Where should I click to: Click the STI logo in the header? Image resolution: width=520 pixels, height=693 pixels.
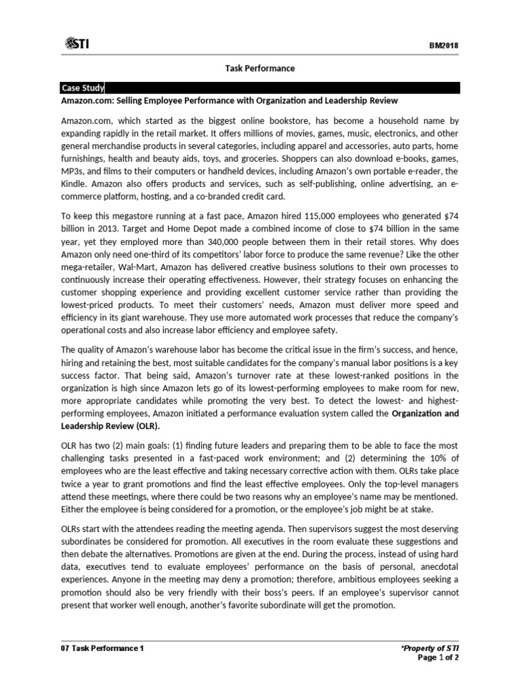pos(78,44)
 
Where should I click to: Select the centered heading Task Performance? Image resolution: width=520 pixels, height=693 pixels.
pos(260,68)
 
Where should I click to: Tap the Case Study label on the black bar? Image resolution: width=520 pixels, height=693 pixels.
pos(82,88)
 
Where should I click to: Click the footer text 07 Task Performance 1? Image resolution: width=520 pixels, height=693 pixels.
pos(103,648)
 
